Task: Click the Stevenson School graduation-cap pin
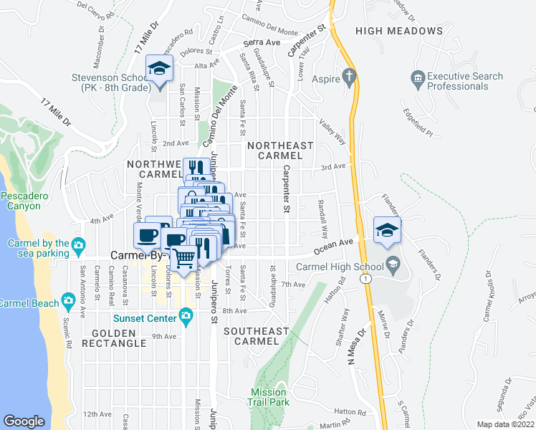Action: pos(159,70)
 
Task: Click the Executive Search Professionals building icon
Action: pos(417,76)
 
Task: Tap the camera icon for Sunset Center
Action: pos(186,315)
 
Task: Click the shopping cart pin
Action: pos(185,257)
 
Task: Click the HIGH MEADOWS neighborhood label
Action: pos(398,31)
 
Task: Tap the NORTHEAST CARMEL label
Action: pos(280,150)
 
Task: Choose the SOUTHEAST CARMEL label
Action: pos(256,336)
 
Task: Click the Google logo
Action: pos(24,421)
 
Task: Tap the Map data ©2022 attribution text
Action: pos(505,424)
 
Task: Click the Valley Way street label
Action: pos(332,132)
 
